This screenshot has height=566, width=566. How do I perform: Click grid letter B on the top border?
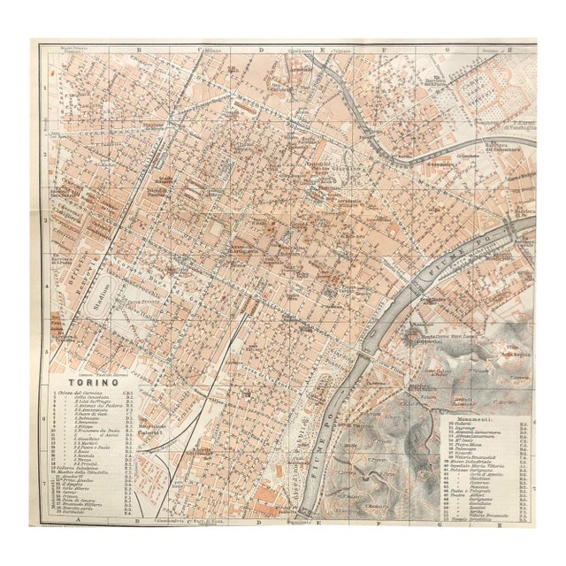pyautogui.click(x=139, y=51)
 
